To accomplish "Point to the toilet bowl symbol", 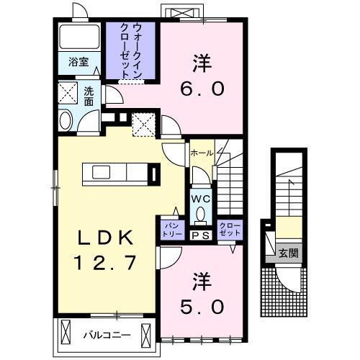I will [200, 214].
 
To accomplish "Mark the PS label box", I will [199, 235].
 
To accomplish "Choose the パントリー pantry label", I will [170, 230].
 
